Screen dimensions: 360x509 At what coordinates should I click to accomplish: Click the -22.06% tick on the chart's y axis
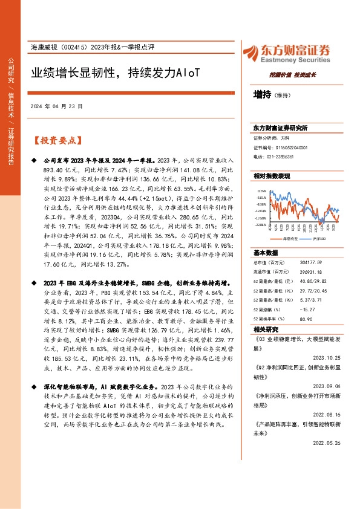pos(261,225)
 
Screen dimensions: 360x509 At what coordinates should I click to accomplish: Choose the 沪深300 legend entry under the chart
pos(319,239)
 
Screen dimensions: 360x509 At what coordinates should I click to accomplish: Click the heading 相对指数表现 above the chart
pos(272,175)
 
